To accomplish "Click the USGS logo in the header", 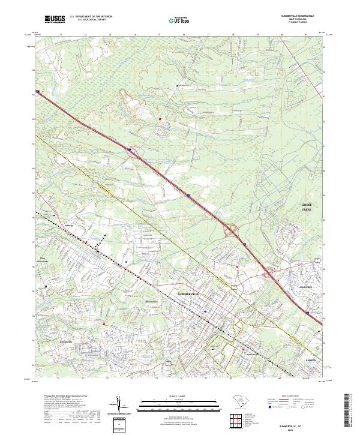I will (x=55, y=20).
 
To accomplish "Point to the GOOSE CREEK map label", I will (x=307, y=207).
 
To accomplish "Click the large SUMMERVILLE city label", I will (x=192, y=293).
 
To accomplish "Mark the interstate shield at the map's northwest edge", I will (x=38, y=92).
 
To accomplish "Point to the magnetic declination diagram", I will (x=119, y=405).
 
